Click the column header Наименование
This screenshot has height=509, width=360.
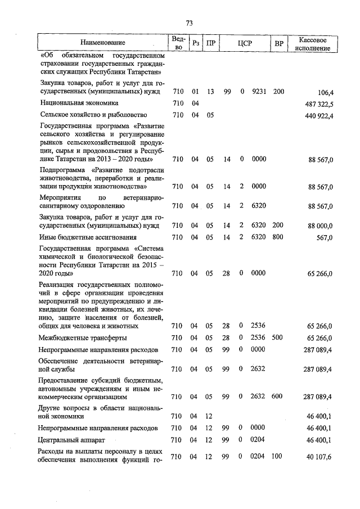click(x=103, y=43)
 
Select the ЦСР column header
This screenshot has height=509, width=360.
click(x=244, y=43)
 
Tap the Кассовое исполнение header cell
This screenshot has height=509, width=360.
click(x=314, y=43)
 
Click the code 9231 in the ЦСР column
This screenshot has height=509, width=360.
click(x=259, y=91)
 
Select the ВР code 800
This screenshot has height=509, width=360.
click(x=278, y=237)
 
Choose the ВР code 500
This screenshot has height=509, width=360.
click(x=278, y=338)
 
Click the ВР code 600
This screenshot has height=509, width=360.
click(x=278, y=397)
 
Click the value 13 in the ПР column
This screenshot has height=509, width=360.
click(x=210, y=91)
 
